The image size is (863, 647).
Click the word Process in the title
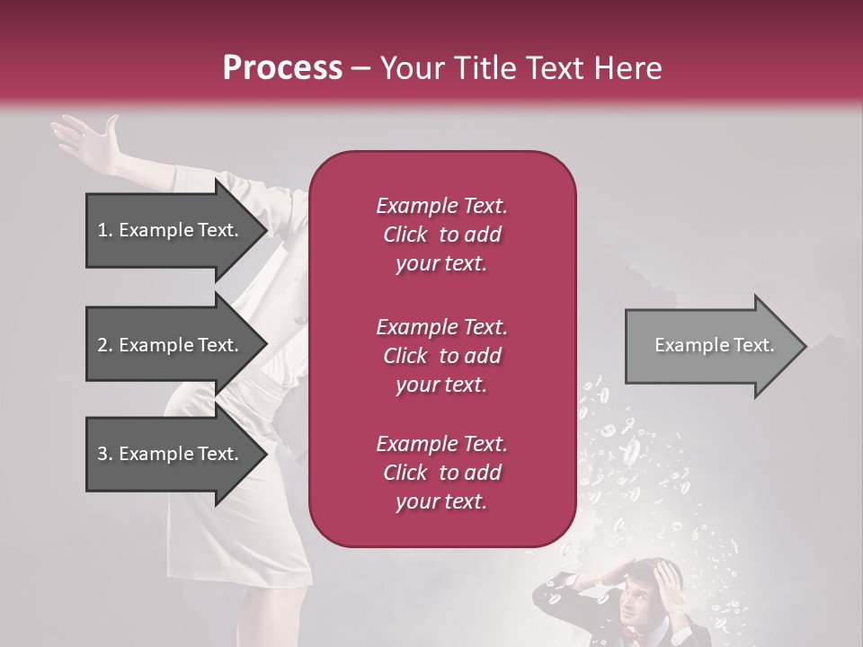click(282, 67)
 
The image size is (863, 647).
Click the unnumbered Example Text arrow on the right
click(714, 345)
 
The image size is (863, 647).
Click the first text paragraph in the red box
click(441, 235)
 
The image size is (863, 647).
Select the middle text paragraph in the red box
click(441, 356)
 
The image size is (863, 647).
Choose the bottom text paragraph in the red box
click(441, 473)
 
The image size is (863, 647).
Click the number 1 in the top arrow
click(102, 231)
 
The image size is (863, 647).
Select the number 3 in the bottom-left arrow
click(102, 455)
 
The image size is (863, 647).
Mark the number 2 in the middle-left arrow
click(102, 346)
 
